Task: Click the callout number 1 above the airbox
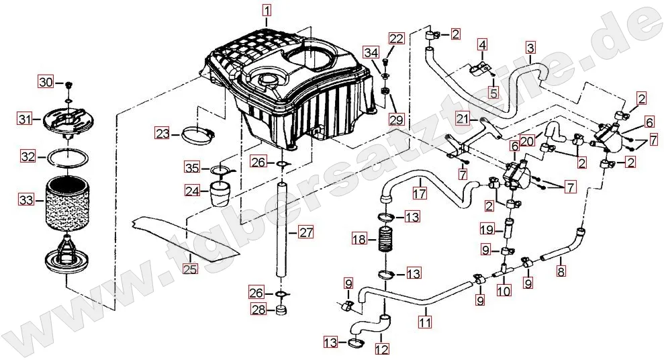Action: tap(267, 10)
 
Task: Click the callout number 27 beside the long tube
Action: tap(306, 233)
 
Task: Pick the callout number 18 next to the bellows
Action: tap(359, 239)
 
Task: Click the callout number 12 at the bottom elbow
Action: tap(381, 349)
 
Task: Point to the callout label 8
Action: tap(561, 271)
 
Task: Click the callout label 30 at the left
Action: tap(45, 82)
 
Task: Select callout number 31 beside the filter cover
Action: tap(25, 120)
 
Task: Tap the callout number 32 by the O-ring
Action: tap(28, 157)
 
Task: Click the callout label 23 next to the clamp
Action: tap(162, 134)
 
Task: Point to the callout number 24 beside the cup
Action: tap(193, 191)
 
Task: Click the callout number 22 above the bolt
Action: tap(396, 38)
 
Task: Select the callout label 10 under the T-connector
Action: tap(504, 290)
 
